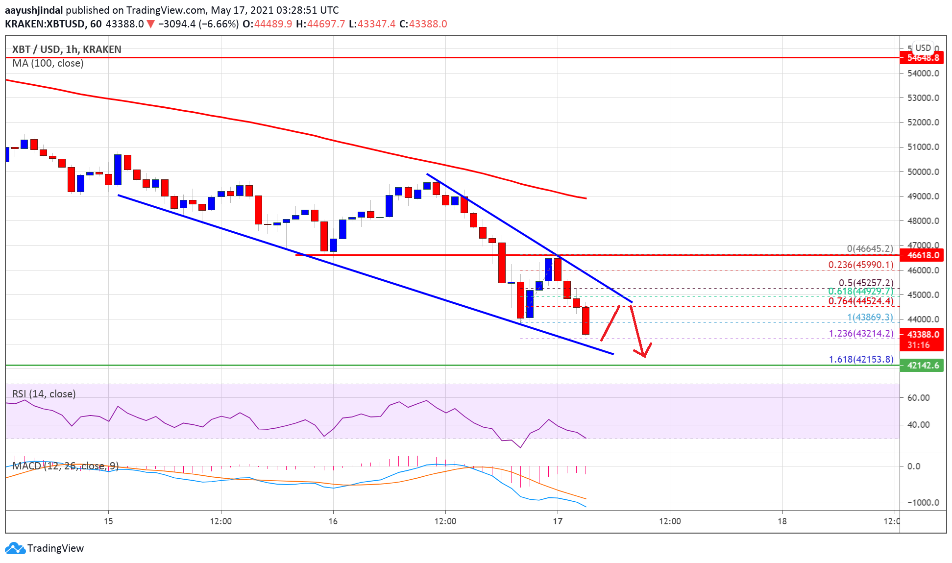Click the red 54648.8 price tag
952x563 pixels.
pos(923,58)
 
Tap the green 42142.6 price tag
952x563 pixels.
pos(923,365)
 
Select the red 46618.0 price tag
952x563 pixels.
pos(923,255)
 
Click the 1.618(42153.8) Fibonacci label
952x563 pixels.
pos(861,359)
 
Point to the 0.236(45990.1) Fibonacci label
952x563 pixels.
pos(860,265)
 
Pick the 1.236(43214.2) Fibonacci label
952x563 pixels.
pos(861,333)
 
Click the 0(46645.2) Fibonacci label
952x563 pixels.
pos(870,248)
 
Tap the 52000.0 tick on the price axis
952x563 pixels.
pos(923,122)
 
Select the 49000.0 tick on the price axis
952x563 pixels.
pos(923,196)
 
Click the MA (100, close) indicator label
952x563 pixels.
pos(48,63)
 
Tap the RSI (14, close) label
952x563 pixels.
pos(44,394)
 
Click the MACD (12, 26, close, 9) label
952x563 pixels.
pos(65,465)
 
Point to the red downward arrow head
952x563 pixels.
pos(644,353)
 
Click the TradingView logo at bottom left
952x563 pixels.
pos(44,548)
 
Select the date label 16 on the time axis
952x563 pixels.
pos(333,521)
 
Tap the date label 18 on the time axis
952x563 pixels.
pos(782,521)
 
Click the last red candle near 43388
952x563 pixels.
pos(586,321)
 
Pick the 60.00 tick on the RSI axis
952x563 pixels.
pos(918,397)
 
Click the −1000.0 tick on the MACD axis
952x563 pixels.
pos(923,502)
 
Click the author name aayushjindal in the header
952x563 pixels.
pos(34,10)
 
